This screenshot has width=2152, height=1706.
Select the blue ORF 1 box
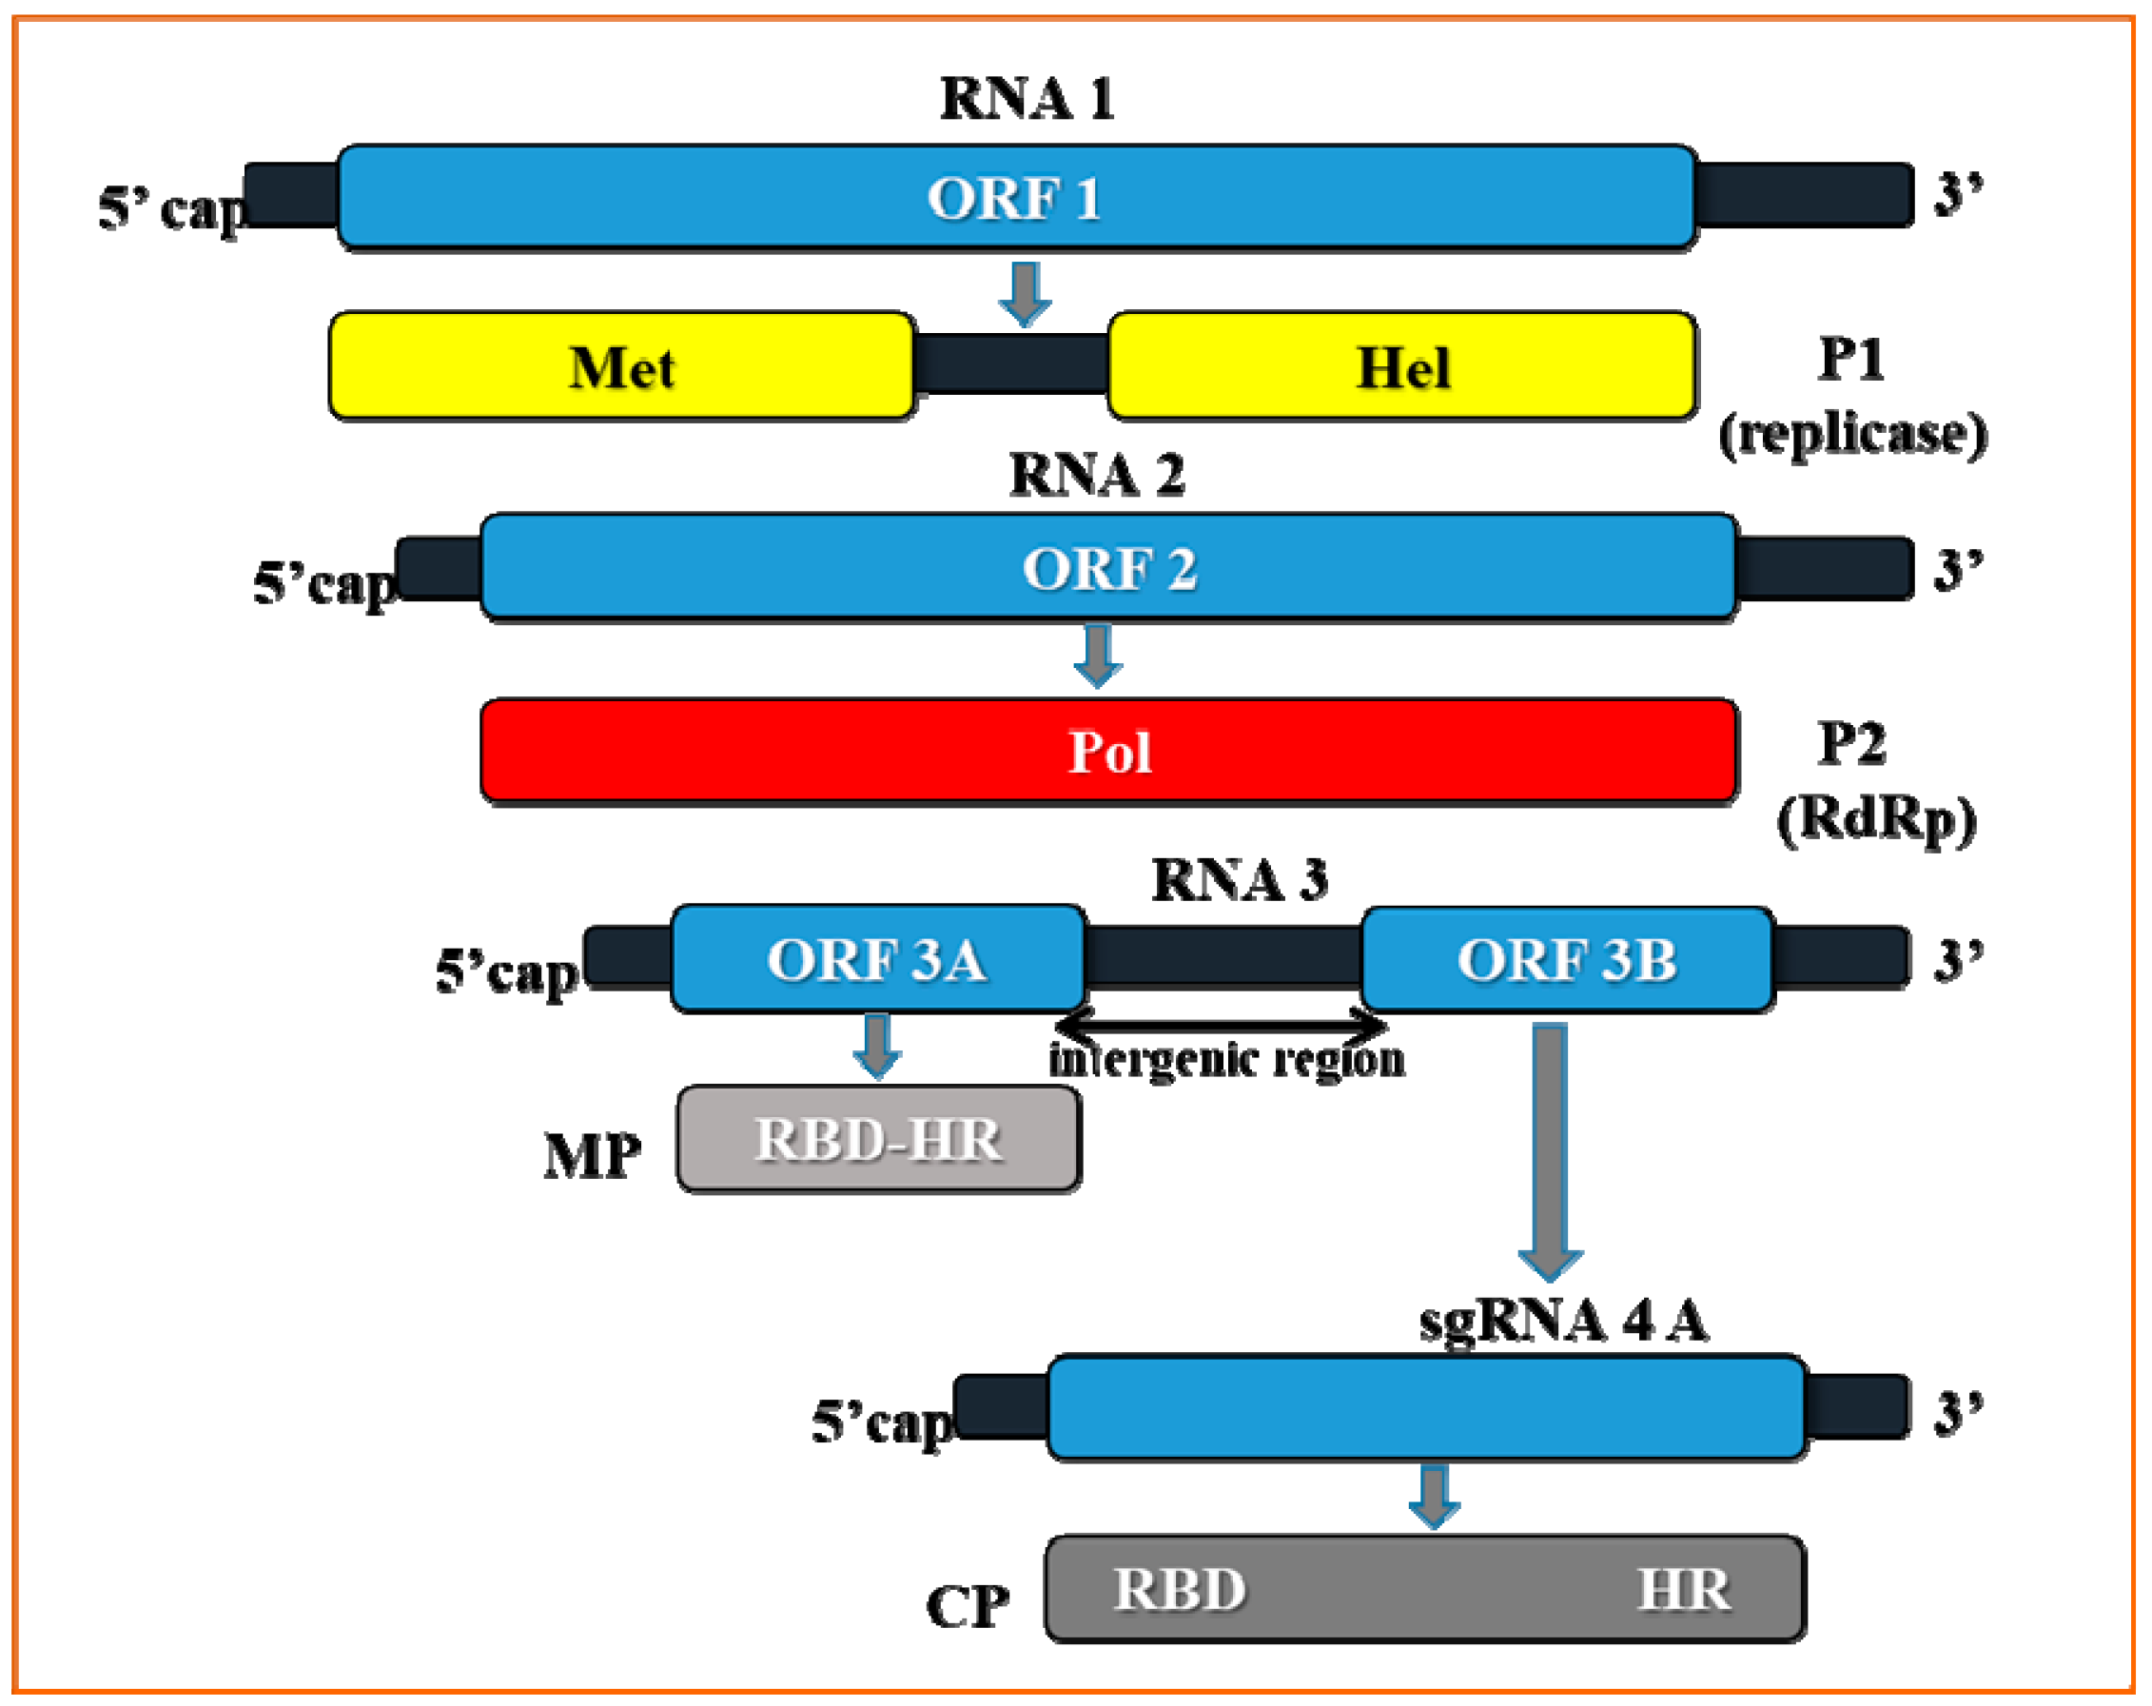coord(1015,197)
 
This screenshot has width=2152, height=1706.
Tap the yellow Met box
coord(622,366)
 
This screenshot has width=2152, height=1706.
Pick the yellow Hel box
coord(1401,366)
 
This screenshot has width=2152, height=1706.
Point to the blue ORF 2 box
coord(1108,568)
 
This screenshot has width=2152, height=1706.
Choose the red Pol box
coord(1108,751)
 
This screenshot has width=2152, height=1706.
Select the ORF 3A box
coord(876,959)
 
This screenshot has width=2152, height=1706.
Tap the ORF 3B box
coord(1566,959)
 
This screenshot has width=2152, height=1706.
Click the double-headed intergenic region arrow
coord(1220,1024)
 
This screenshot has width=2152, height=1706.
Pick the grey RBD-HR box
coord(877,1139)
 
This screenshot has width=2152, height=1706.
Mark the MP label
coord(592,1157)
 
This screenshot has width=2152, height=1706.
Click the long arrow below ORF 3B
coord(1549,1148)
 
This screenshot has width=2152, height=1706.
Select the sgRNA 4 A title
coord(1563,1321)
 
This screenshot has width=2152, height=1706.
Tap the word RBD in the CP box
coord(1179,1589)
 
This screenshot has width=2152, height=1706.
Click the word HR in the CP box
coord(1683,1589)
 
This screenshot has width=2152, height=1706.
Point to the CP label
coord(967,1607)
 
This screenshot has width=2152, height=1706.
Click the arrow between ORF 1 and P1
coord(1025,293)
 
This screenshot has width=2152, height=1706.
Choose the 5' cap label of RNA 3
coord(506,971)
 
